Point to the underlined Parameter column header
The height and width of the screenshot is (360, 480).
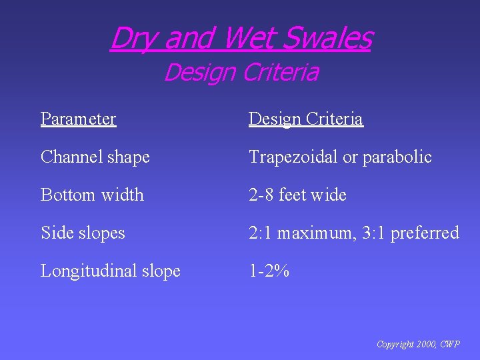pos(78,119)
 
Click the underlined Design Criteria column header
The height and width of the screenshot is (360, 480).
pos(305,119)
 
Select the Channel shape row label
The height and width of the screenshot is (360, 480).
pos(95,157)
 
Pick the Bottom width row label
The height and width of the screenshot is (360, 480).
pos(92,195)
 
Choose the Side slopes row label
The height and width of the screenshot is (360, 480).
pos(83,233)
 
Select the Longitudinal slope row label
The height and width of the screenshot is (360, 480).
pos(110,271)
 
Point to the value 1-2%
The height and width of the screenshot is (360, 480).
pos(269,271)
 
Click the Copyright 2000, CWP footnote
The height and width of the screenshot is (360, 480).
pos(417,345)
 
